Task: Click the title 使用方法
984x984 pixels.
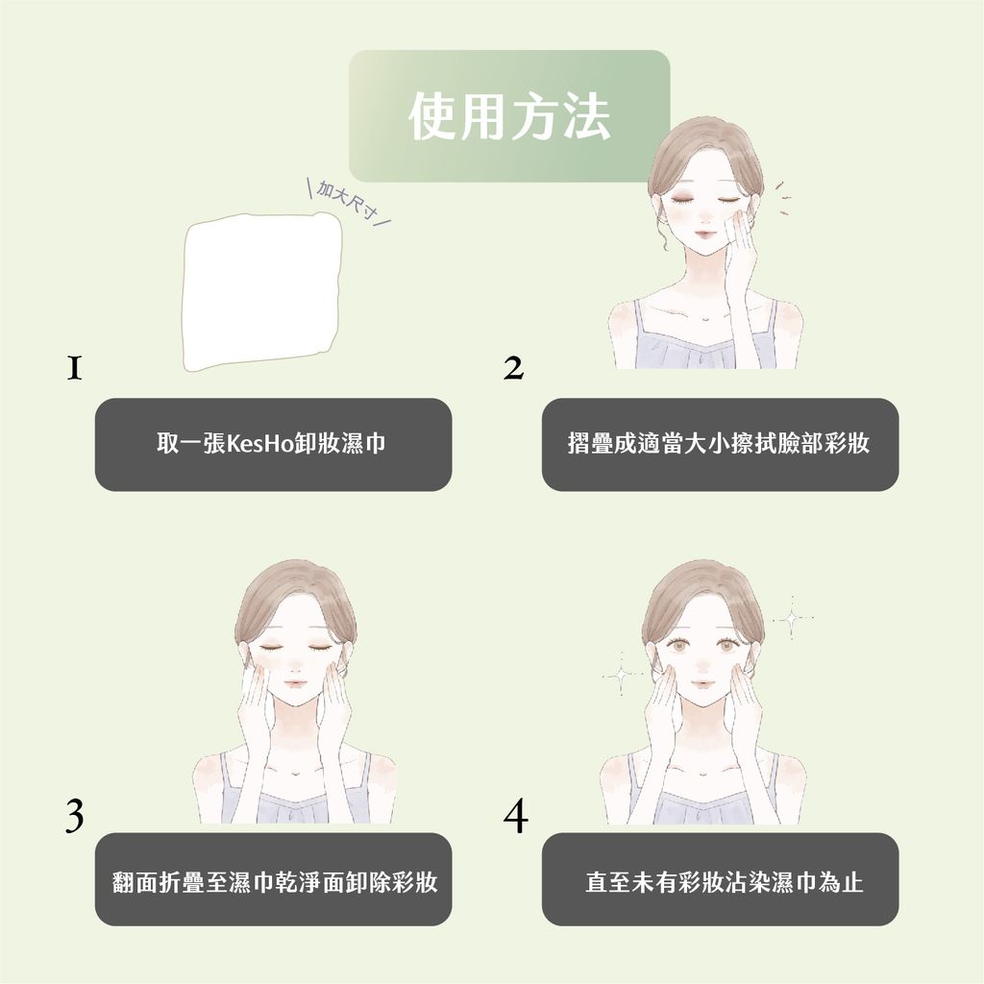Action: point(509,117)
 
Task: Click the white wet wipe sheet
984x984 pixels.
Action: point(262,292)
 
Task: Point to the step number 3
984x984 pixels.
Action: point(74,816)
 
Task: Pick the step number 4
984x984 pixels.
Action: point(515,816)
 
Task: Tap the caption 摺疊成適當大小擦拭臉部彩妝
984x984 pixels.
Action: point(720,445)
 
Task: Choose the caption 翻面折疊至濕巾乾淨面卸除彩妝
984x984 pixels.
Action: point(273,881)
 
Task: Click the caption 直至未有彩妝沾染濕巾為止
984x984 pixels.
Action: point(720,881)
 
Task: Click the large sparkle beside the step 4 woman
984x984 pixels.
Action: point(791,618)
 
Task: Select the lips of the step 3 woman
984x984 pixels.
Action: point(295,683)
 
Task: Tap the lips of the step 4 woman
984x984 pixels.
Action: point(702,683)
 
